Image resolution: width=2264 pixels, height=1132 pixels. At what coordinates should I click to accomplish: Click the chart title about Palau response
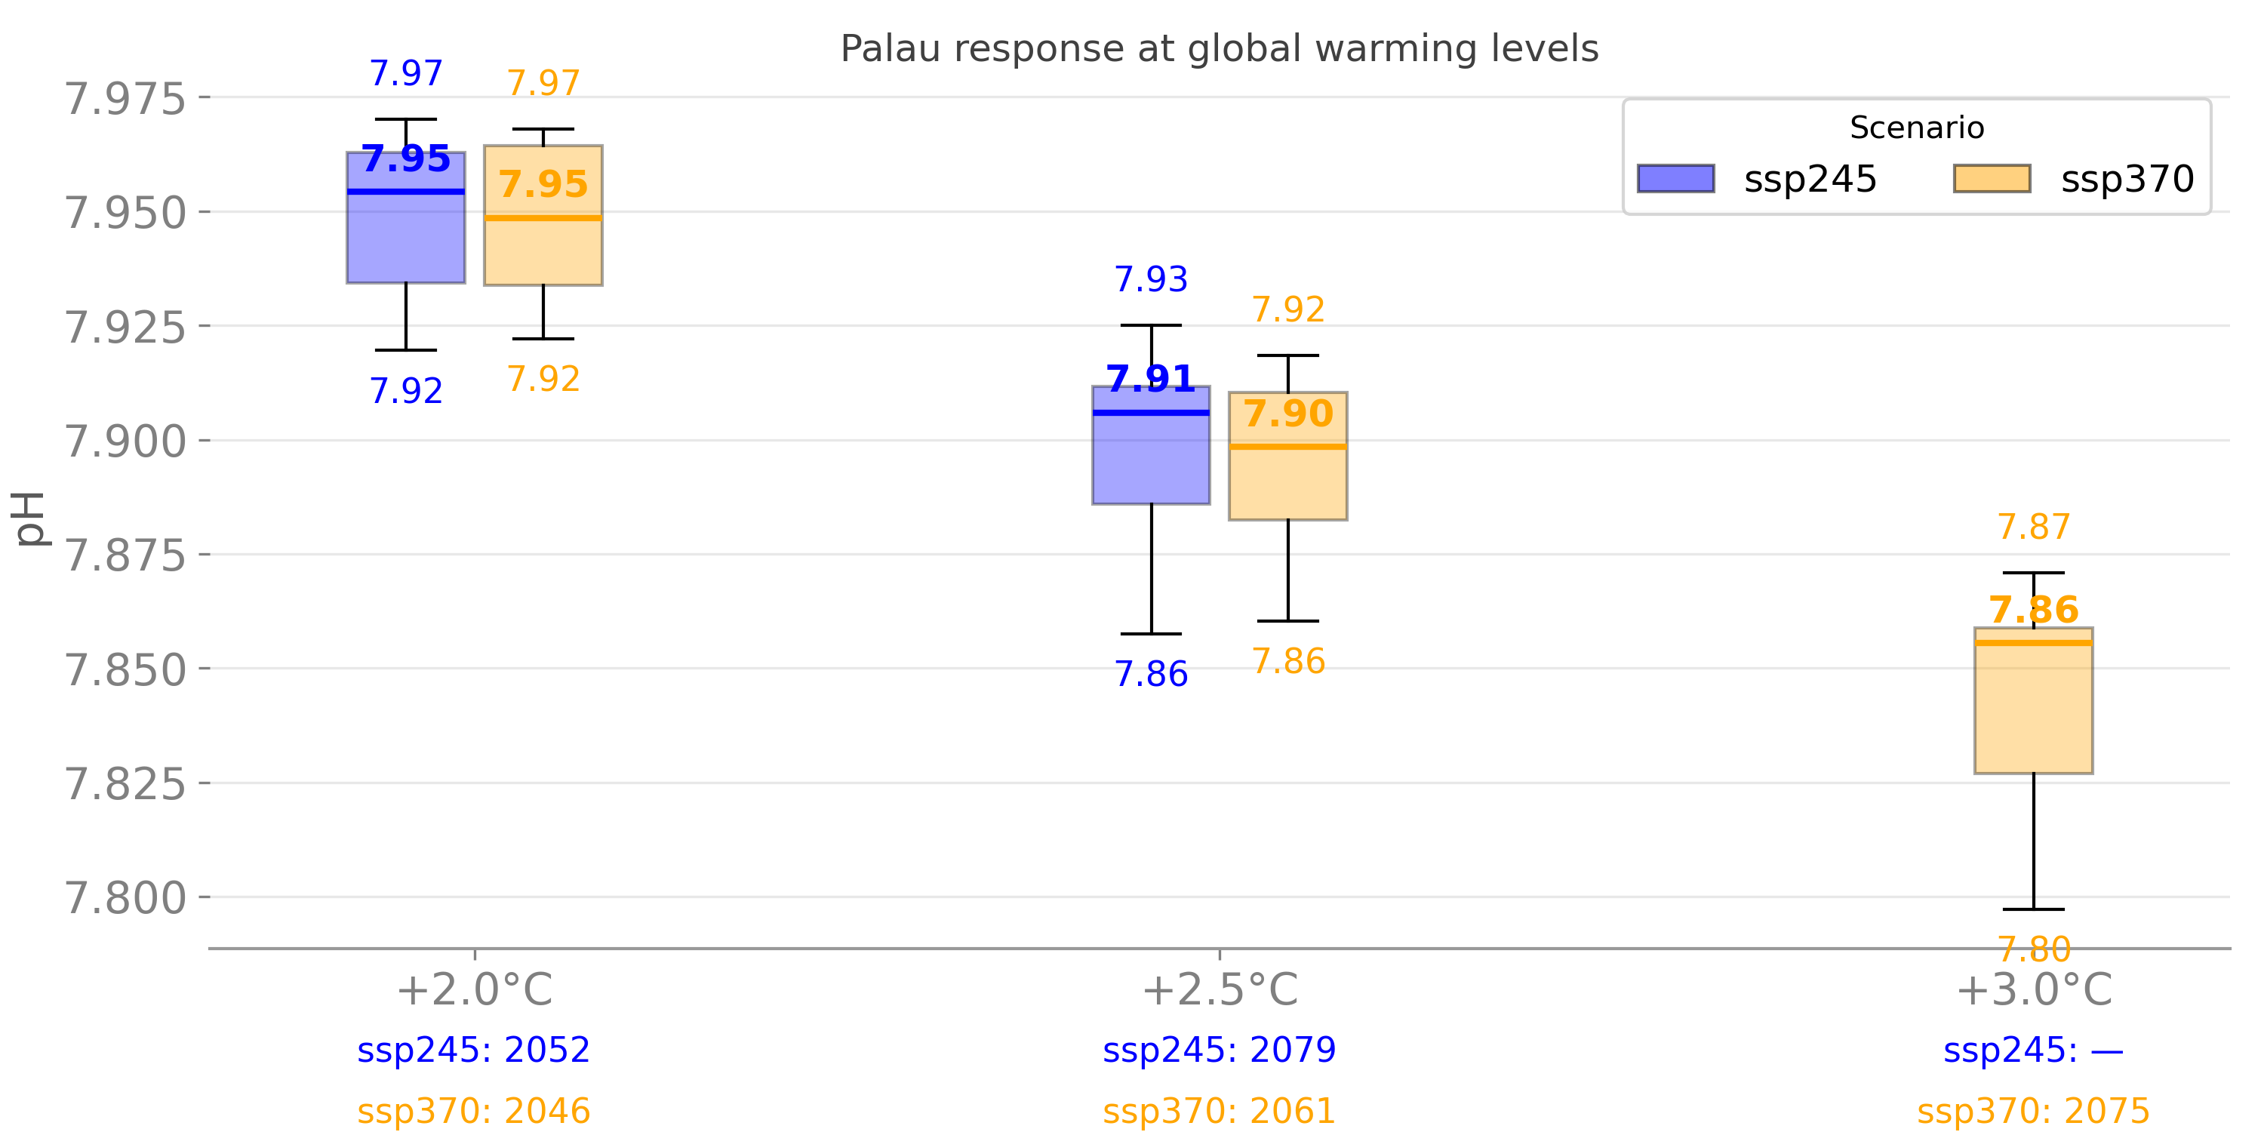point(1219,48)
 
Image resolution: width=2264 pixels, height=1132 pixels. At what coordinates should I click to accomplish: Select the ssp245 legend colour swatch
point(1675,178)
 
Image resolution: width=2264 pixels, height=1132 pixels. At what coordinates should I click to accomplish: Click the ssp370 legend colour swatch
point(1992,178)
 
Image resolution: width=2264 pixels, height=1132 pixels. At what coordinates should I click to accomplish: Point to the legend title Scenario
point(1916,128)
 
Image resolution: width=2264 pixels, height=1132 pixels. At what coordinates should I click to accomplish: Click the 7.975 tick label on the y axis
point(126,98)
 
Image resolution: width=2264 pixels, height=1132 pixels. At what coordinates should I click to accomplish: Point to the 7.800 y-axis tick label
point(126,898)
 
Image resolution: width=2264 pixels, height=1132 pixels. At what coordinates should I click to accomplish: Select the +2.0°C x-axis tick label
point(475,990)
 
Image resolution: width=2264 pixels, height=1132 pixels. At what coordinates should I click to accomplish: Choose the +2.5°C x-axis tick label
point(1219,990)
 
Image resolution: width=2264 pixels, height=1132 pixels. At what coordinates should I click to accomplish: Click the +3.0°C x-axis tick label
point(2033,990)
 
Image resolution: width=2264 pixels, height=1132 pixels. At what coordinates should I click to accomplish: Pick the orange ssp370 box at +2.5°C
point(1287,484)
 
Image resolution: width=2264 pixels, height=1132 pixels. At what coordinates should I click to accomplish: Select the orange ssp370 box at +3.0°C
point(2033,712)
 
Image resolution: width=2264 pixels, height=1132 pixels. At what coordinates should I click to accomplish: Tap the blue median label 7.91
point(1150,379)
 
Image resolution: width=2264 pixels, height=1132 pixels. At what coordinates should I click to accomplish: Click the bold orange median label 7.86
point(2033,609)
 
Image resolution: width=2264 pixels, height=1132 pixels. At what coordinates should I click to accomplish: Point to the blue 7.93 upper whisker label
point(1150,279)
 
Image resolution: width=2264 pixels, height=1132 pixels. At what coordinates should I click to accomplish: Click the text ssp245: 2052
point(474,1050)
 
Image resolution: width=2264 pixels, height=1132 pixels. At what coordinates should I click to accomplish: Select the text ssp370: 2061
point(1219,1112)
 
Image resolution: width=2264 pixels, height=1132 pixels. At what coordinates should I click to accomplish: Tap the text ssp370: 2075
point(2033,1112)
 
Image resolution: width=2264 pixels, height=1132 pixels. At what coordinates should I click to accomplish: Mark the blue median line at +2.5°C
point(1150,412)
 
